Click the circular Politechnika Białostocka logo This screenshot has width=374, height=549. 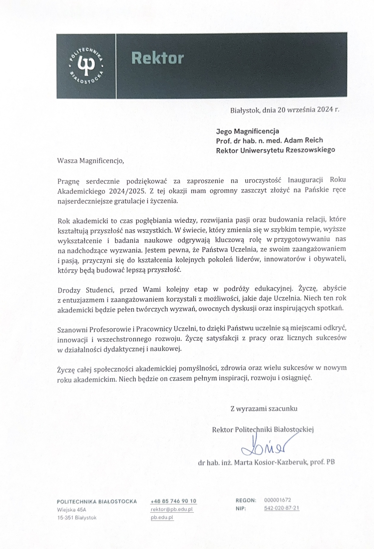pyautogui.click(x=86, y=66)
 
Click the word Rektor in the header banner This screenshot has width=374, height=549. pyautogui.click(x=158, y=58)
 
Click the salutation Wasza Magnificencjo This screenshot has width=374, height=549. pyautogui.click(x=91, y=161)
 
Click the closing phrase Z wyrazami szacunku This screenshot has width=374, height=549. pyautogui.click(x=264, y=408)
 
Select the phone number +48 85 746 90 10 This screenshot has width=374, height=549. pyautogui.click(x=173, y=501)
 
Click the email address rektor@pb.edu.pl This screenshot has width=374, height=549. pyautogui.click(x=172, y=509)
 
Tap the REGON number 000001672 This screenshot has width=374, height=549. pyautogui.click(x=277, y=500)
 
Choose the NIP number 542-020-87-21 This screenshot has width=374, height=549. pyautogui.click(x=282, y=508)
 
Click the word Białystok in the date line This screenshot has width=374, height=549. pyautogui.click(x=245, y=110)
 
